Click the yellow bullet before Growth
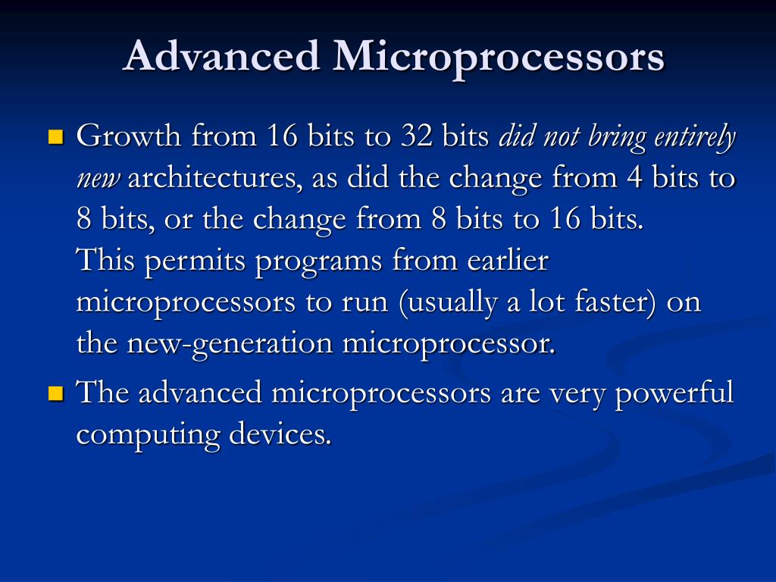click(x=55, y=137)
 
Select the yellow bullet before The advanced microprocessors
click(x=55, y=393)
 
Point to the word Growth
click(x=130, y=137)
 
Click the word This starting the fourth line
click(x=106, y=261)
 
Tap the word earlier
click(x=507, y=261)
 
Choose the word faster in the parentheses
click(x=615, y=302)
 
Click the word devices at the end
click(x=281, y=434)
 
